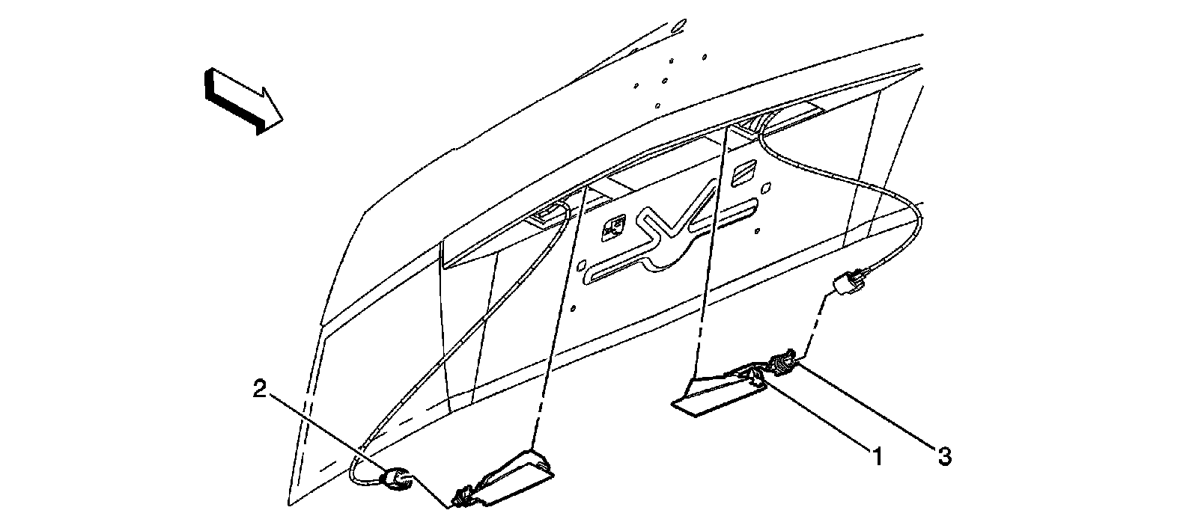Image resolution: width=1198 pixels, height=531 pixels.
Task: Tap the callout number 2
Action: pos(259,389)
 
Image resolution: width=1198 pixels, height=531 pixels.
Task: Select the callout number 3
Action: pos(945,455)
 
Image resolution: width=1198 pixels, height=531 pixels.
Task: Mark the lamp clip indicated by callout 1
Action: pos(758,379)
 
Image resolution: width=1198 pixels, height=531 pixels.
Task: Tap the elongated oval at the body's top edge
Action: pos(678,26)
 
